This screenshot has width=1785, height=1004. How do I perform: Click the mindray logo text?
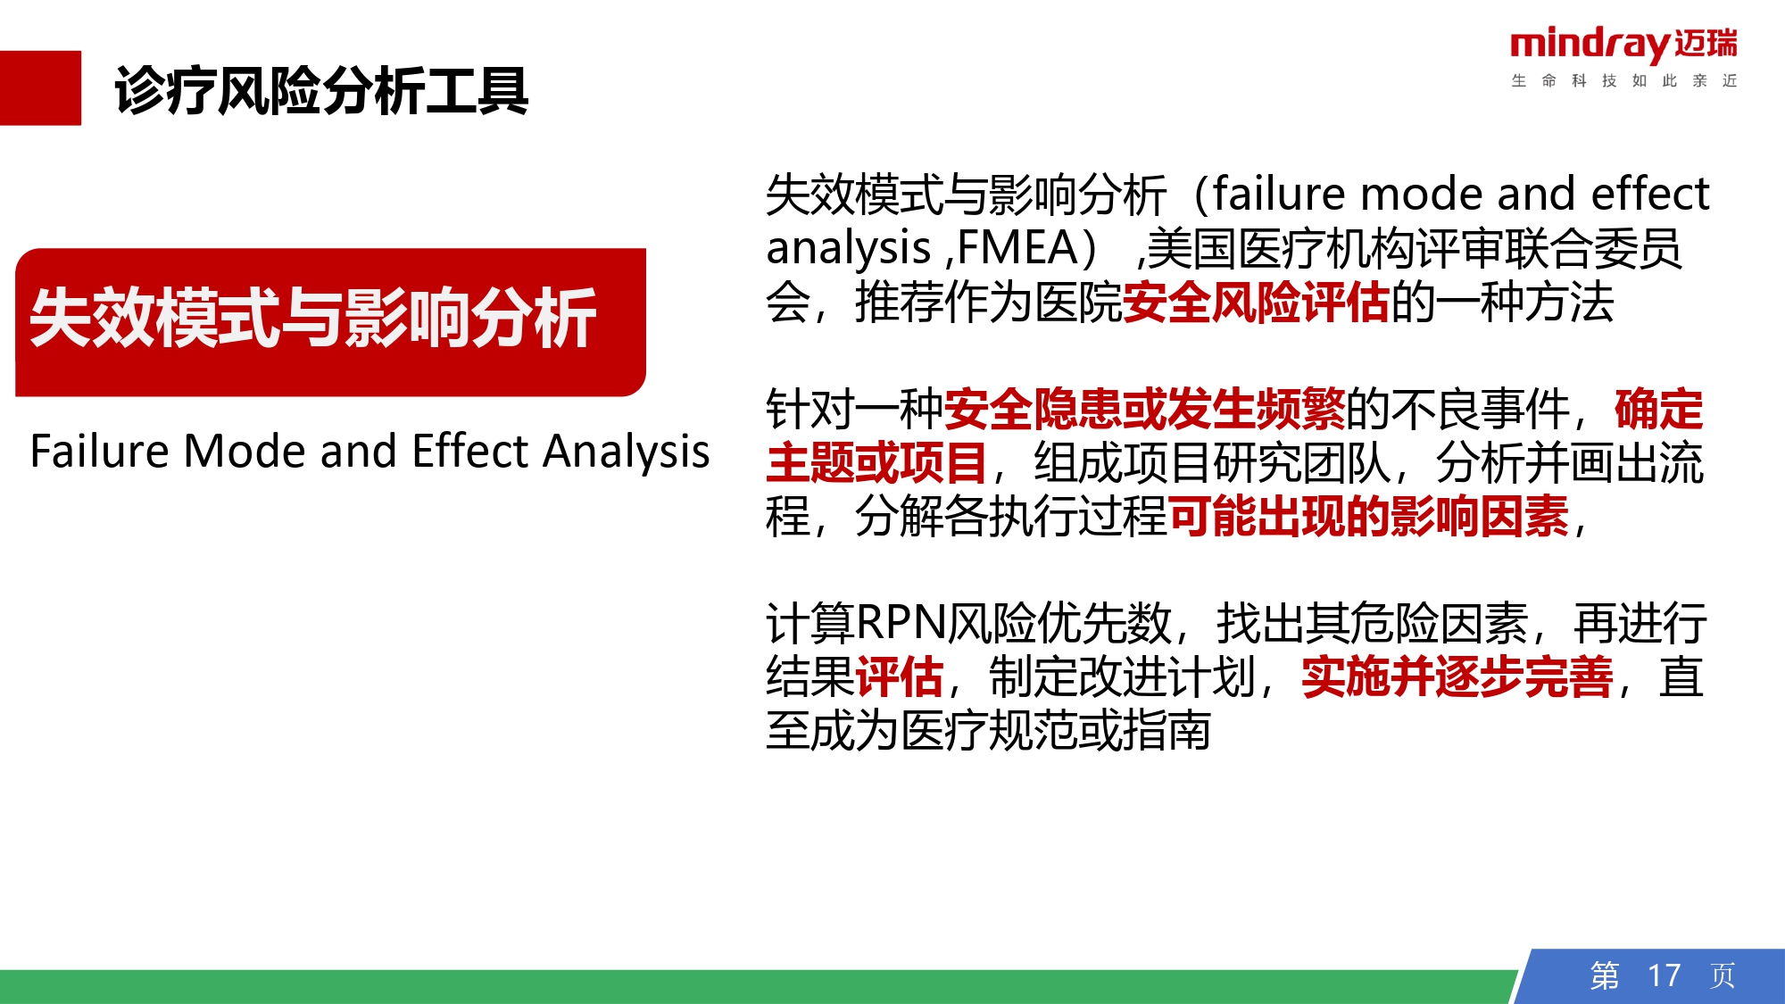click(x=1591, y=45)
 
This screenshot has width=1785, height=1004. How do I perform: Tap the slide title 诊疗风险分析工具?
click(x=321, y=91)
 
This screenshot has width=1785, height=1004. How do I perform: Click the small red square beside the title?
click(x=40, y=87)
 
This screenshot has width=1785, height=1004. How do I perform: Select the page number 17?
click(x=1664, y=975)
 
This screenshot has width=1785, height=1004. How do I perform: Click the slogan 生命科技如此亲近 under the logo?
click(x=1624, y=81)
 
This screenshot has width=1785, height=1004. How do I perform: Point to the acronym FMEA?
click(x=1017, y=248)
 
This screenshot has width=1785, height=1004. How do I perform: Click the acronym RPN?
click(x=901, y=623)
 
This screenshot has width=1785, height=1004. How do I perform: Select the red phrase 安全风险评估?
click(x=1257, y=302)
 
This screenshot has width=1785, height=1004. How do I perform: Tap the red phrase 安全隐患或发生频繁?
click(x=1145, y=409)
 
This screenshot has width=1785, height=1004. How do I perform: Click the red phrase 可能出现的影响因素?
click(x=1368, y=516)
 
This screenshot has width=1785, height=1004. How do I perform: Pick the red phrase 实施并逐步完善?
click(x=1457, y=676)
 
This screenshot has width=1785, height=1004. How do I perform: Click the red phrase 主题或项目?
click(x=877, y=462)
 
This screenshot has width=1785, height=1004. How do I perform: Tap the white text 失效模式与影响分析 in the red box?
click(x=313, y=318)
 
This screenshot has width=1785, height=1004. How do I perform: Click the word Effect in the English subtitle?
click(x=471, y=451)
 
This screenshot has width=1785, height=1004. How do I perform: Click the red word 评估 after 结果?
click(x=900, y=676)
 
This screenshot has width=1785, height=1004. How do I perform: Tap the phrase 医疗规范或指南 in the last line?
click(x=1056, y=730)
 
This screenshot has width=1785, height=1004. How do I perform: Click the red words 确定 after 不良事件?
click(x=1659, y=409)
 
